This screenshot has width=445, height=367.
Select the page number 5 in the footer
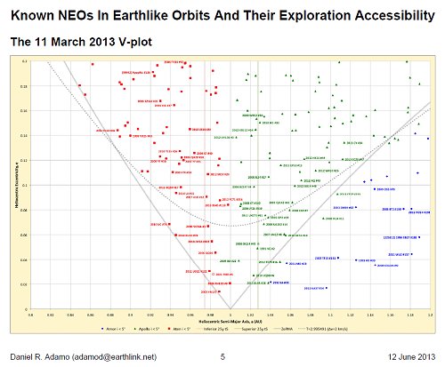[222, 356]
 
